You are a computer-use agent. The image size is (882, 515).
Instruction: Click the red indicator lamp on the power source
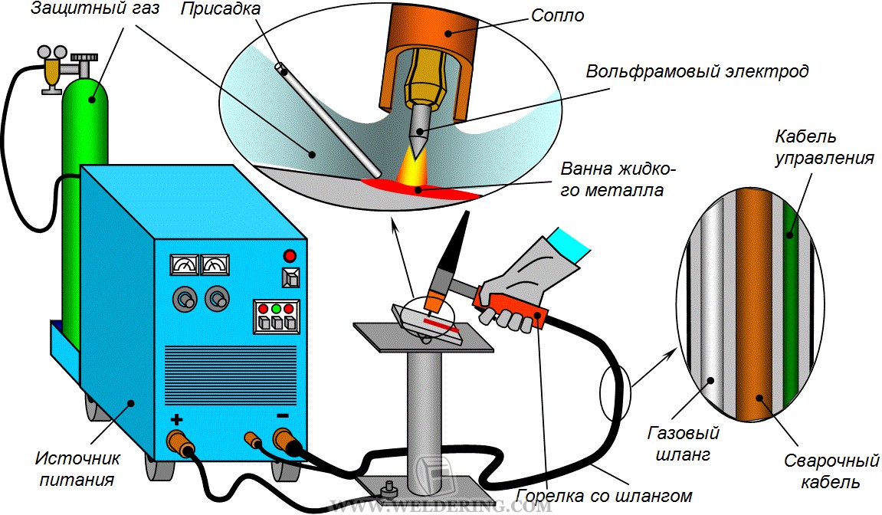[290, 255]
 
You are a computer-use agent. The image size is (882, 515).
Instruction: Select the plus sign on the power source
[177, 419]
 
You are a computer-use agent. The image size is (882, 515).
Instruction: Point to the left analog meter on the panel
[185, 265]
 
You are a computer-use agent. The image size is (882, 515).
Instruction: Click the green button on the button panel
[277, 309]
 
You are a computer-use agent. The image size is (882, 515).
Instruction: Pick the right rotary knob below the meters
[218, 298]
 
